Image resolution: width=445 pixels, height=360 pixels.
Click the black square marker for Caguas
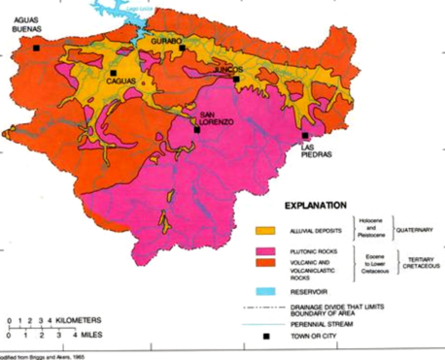113,73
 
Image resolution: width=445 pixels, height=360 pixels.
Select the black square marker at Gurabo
182,48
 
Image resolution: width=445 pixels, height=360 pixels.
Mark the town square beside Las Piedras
305,136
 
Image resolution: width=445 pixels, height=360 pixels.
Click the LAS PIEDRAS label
315,152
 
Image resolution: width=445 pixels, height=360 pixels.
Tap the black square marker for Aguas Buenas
36,48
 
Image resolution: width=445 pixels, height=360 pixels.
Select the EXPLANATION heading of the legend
315,204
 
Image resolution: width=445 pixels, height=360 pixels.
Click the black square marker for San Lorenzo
197,130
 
